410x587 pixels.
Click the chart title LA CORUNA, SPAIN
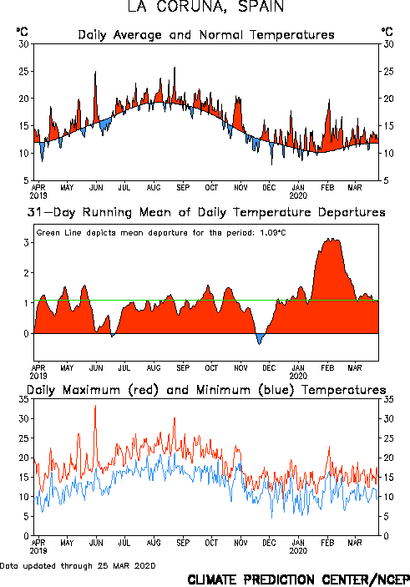point(205,7)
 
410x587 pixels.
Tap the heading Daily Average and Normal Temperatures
point(206,35)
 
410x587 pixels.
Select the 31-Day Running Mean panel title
point(206,212)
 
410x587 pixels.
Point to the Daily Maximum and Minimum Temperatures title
point(206,390)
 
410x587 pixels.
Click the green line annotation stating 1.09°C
point(161,233)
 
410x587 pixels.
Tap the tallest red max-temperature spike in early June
point(95,406)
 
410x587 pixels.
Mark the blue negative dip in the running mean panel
point(260,338)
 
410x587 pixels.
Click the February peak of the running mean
point(331,239)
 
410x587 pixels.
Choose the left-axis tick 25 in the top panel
point(23,71)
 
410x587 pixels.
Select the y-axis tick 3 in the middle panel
point(26,243)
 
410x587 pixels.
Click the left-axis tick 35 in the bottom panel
point(23,399)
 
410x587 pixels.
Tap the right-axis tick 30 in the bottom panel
point(388,418)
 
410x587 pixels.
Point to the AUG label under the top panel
point(154,187)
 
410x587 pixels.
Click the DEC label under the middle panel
point(269,368)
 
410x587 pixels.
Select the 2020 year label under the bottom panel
point(298,551)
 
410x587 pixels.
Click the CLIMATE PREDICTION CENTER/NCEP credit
point(298,579)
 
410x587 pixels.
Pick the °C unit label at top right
point(387,32)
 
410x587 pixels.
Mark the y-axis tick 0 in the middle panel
point(26,333)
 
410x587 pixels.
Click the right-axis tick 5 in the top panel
point(387,180)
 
